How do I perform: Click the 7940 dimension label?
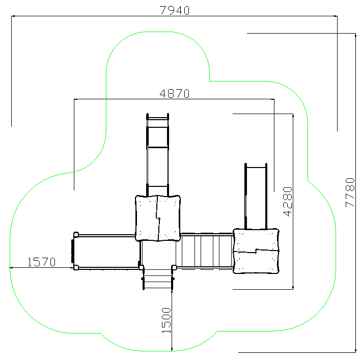175,11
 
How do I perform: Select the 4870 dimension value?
175,94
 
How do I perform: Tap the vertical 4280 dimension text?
288,202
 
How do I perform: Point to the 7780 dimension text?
350,192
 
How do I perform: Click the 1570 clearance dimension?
41,262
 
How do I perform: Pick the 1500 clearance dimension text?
166,320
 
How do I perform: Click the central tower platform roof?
158,218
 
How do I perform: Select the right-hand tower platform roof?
256,251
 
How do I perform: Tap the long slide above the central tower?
158,154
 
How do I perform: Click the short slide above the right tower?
256,197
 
